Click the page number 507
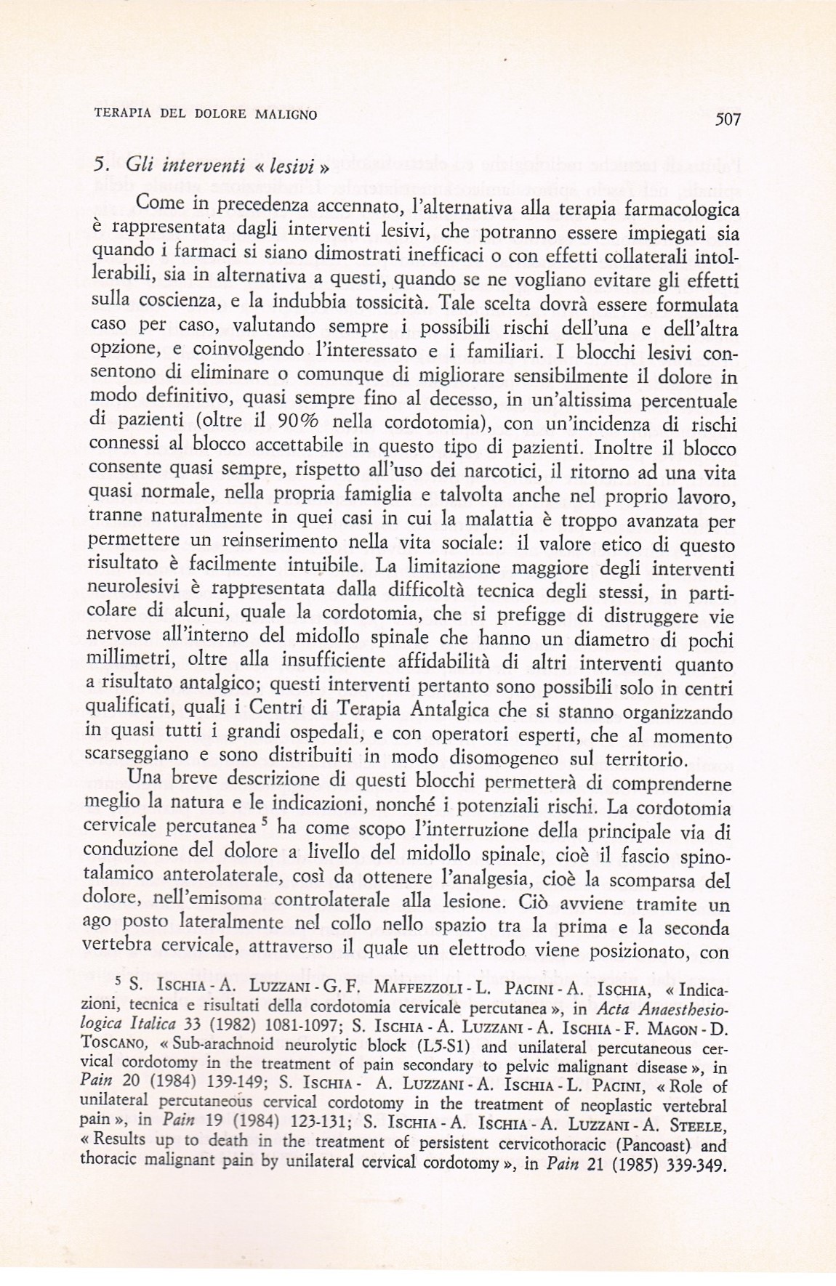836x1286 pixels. (727, 120)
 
